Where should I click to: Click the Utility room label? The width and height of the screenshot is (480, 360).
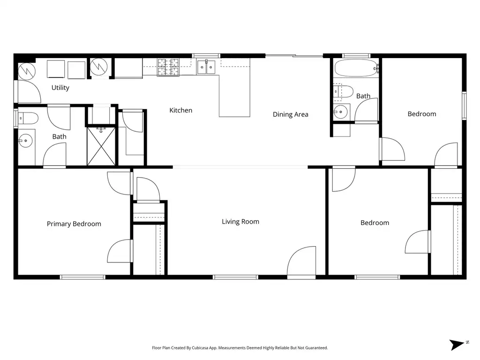[60, 88]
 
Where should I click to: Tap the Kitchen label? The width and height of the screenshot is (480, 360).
[181, 110]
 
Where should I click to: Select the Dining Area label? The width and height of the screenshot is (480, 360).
[291, 114]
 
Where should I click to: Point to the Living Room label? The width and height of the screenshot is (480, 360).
[240, 222]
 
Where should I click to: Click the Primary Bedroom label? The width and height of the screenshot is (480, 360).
[74, 224]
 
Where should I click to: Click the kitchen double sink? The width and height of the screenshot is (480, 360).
[206, 67]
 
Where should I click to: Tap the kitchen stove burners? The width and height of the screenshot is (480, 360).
[168, 67]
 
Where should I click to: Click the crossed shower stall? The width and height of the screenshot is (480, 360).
[101, 146]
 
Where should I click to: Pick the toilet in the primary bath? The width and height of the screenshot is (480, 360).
[28, 118]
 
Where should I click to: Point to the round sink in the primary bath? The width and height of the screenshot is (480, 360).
[26, 141]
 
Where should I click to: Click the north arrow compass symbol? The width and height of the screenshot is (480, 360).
[457, 345]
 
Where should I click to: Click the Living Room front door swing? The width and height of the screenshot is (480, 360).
[301, 261]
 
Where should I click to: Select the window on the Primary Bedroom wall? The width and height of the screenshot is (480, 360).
[82, 277]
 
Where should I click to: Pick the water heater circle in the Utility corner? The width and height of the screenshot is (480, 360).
[27, 71]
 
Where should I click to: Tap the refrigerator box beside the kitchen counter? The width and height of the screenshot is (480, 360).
[128, 68]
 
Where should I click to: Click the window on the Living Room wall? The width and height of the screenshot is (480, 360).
[235, 277]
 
